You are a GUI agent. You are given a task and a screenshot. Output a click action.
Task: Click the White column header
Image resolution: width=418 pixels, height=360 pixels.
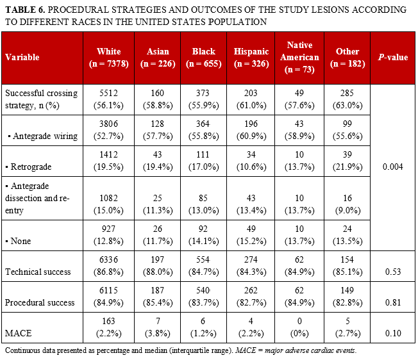coord(108,56)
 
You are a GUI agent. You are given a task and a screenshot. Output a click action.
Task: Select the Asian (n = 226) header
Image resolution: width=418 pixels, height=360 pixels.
coord(158,56)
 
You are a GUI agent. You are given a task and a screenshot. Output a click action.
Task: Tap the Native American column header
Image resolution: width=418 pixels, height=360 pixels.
coord(299,56)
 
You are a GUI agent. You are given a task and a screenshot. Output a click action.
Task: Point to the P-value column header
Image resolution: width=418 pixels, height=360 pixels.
coord(392,57)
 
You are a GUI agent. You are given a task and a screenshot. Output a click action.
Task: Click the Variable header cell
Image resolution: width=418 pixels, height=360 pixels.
coord(22,57)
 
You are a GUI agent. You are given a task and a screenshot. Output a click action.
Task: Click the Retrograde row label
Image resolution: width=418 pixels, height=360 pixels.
coord(29,166)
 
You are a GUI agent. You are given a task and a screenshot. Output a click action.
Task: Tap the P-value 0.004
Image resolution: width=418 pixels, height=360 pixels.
coord(392,166)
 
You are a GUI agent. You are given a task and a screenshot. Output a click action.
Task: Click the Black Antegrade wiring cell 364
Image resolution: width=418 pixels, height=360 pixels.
coord(204,125)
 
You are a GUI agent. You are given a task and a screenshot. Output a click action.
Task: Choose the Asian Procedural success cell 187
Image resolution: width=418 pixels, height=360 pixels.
coord(158,296)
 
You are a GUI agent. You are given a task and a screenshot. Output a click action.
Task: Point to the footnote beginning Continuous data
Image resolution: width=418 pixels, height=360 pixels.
coord(180,351)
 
